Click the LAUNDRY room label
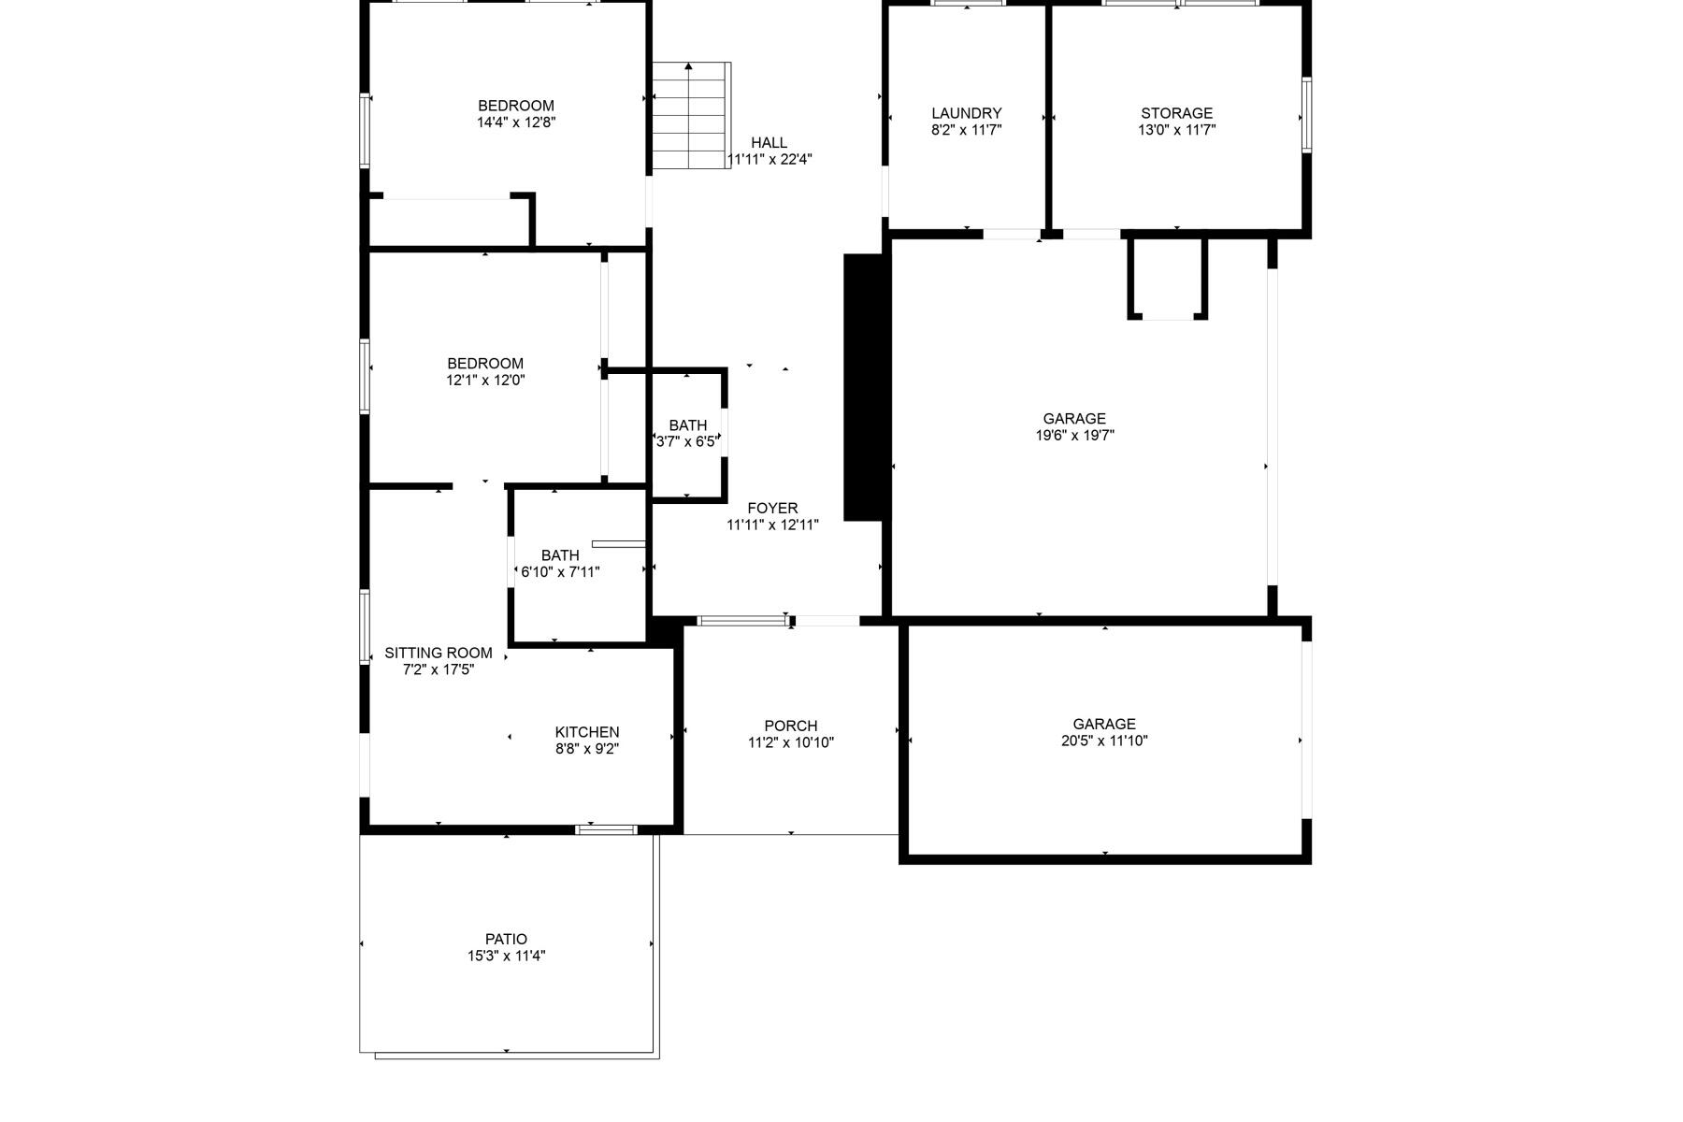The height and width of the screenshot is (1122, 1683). click(x=966, y=113)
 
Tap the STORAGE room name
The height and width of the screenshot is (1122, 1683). click(x=1176, y=113)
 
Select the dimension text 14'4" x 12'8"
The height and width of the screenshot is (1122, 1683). click(x=516, y=122)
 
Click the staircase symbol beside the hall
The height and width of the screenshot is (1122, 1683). click(x=690, y=116)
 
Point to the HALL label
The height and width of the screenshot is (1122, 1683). click(x=769, y=142)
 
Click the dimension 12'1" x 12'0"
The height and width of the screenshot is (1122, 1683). click(x=485, y=381)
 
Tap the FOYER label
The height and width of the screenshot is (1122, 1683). click(x=772, y=508)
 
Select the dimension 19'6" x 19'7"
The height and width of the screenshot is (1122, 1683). click(x=1074, y=435)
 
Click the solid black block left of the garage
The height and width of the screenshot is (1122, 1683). click(x=864, y=386)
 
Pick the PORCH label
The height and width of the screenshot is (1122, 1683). click(x=790, y=726)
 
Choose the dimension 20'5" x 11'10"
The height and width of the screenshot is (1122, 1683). click(x=1104, y=741)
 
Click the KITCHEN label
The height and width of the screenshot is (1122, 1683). click(x=586, y=732)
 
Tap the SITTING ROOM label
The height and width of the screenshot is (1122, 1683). click(x=438, y=653)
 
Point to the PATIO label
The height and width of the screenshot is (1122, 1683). click(x=506, y=939)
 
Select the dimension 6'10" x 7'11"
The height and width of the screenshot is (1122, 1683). click(x=560, y=572)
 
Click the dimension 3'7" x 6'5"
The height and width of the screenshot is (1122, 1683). click(x=686, y=442)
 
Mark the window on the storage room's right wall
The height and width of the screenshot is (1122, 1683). click(x=1306, y=115)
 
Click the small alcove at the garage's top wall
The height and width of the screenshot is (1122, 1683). click(x=1168, y=278)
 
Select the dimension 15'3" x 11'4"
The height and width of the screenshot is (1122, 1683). click(x=506, y=956)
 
